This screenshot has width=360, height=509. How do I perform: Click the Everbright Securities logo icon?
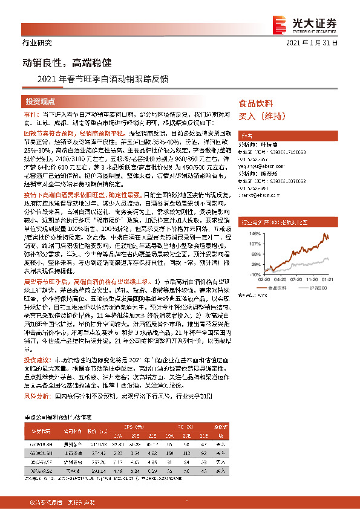pos(283,23)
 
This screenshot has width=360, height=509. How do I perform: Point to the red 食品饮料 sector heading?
pos(256,103)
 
